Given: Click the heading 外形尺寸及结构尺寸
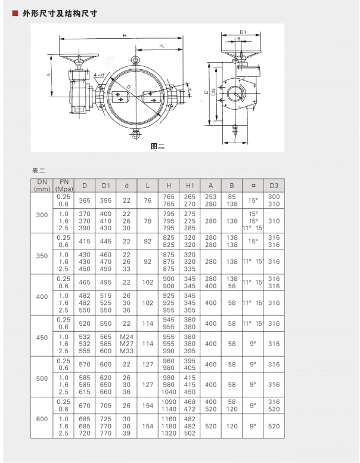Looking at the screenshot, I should click(60, 13).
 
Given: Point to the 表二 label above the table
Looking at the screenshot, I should click(39, 170).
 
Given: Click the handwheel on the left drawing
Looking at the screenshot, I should click(76, 61).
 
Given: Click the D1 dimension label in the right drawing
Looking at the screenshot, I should click(243, 32).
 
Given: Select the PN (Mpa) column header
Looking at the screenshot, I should click(63, 185).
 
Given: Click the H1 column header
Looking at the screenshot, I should click(190, 185).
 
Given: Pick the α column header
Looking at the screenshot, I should click(253, 185).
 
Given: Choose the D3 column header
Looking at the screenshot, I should click(274, 185).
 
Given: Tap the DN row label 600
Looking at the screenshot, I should click(42, 419).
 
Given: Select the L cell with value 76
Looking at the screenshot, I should click(147, 200).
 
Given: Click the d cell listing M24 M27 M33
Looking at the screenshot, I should click(126, 344).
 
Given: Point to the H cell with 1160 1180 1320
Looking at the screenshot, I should click(169, 427).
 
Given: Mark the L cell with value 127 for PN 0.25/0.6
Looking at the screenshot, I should click(147, 364).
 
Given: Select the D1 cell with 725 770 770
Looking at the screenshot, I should click(105, 427).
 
